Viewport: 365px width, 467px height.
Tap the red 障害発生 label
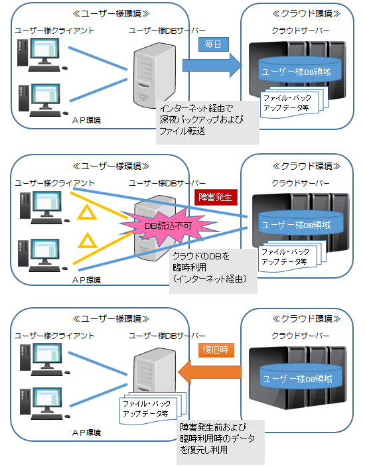[x=213, y=197]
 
